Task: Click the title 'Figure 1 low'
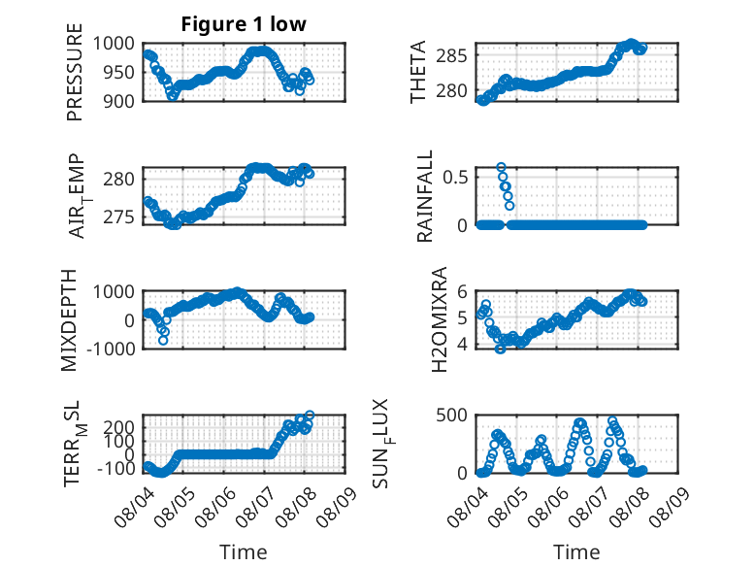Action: [x=244, y=24]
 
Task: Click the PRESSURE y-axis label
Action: [x=75, y=72]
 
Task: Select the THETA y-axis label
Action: [x=418, y=72]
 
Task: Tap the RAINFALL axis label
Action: [x=425, y=196]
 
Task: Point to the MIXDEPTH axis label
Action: [x=69, y=320]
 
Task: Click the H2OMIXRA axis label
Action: [x=440, y=319]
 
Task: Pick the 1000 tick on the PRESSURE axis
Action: [x=114, y=44]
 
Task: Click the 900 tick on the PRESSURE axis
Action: [x=119, y=101]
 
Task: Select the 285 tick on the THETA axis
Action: [x=451, y=56]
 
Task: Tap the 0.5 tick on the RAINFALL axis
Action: [x=455, y=178]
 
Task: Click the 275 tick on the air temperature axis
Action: [x=119, y=217]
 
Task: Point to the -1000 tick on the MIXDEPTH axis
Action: [x=111, y=349]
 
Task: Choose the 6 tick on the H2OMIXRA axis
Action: [x=463, y=291]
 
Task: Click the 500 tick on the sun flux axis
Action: [x=451, y=416]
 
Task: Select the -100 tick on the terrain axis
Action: [x=116, y=468]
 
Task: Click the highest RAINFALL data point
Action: [x=502, y=167]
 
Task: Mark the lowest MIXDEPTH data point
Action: [x=163, y=340]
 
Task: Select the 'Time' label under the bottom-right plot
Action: [x=576, y=552]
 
